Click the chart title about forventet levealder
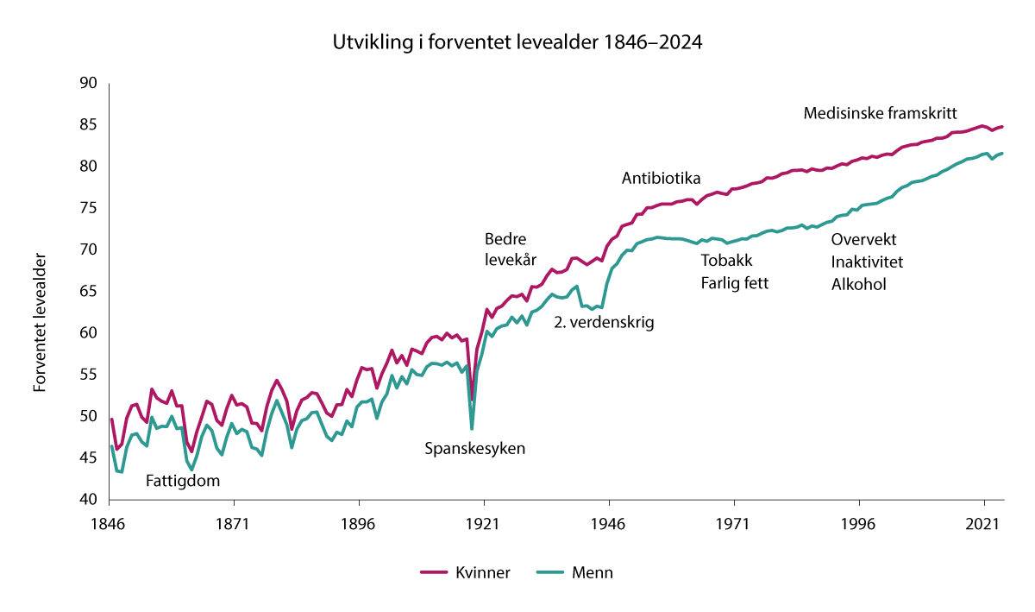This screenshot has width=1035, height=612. tap(517, 42)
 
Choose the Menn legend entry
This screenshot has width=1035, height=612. tap(593, 572)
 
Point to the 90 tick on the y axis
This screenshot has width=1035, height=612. tap(88, 84)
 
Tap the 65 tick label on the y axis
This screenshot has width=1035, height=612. tap(88, 292)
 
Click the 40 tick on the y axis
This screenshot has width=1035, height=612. tap(88, 500)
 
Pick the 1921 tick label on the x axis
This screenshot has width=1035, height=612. tap(484, 523)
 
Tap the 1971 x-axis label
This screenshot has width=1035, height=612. tap(734, 523)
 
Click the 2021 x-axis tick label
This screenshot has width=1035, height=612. tap(984, 523)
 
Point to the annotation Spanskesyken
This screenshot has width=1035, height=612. tap(475, 449)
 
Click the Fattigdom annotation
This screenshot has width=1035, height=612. tap(183, 481)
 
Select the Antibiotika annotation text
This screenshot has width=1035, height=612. tap(661, 179)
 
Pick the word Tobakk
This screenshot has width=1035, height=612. tap(727, 262)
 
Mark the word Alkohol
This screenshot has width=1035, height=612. tap(859, 284)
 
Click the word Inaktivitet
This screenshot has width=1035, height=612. tap(868, 262)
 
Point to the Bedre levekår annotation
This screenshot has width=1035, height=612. tap(511, 249)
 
